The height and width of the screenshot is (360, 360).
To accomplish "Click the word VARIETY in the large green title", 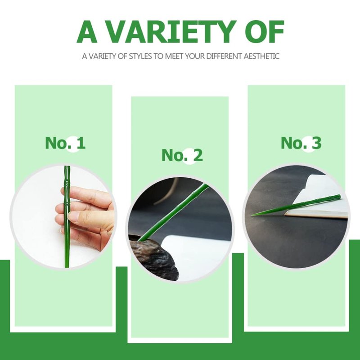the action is (171, 31).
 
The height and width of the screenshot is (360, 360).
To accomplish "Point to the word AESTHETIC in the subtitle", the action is (261, 56).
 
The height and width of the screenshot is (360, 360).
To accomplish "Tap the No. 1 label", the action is (65, 143).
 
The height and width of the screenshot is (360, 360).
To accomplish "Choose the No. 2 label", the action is (182, 155).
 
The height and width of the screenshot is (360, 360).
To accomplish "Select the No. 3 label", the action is (301, 143).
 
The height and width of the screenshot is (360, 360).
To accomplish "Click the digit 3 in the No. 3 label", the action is (316, 143).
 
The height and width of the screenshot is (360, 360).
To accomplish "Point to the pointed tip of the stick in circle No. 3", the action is (252, 215).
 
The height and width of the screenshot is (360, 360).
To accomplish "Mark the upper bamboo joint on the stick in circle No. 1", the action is (66, 184).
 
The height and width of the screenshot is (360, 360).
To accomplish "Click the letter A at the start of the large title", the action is (86, 31).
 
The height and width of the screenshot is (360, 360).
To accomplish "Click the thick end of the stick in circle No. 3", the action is (339, 197).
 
